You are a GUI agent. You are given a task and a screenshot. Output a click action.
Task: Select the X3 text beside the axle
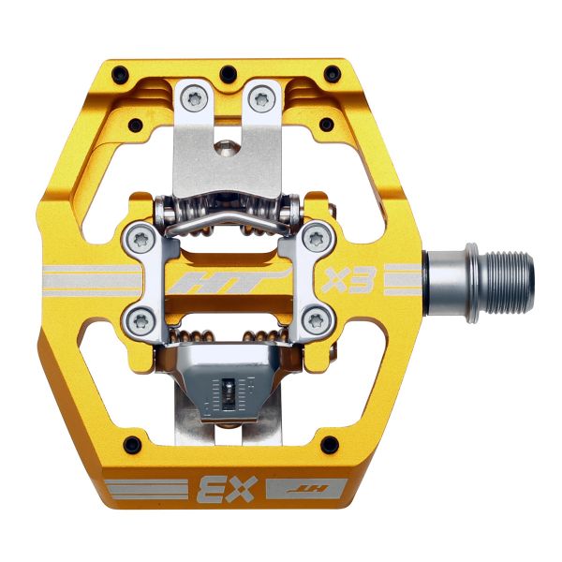[345, 280]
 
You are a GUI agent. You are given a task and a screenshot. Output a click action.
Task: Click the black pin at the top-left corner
[119, 72]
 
